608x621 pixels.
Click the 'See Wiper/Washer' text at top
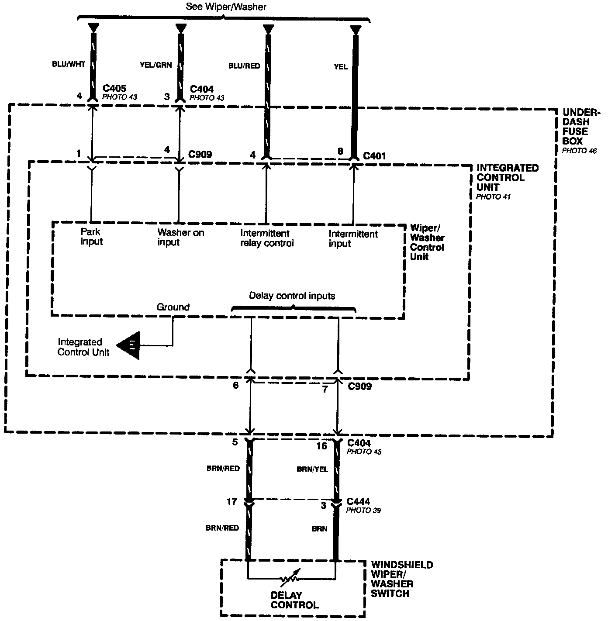(x=226, y=7)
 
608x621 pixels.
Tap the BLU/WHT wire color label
(x=68, y=64)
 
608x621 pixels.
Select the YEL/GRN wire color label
(x=156, y=65)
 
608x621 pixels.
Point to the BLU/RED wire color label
(x=244, y=66)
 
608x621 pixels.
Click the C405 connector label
(x=114, y=89)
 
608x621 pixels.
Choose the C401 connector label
(x=374, y=155)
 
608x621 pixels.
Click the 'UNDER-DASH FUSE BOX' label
(x=576, y=126)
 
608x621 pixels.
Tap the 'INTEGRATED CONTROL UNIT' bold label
(x=507, y=178)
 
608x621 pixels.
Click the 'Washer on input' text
(x=180, y=237)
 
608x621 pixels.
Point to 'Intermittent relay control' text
(x=266, y=238)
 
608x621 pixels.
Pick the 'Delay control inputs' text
(x=292, y=296)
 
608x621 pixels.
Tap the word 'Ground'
(x=173, y=307)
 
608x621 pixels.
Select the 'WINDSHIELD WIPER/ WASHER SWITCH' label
(x=402, y=579)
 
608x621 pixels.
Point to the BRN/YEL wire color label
(x=312, y=469)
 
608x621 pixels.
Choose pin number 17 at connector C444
(x=231, y=502)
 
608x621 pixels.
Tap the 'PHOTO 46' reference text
(x=579, y=151)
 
